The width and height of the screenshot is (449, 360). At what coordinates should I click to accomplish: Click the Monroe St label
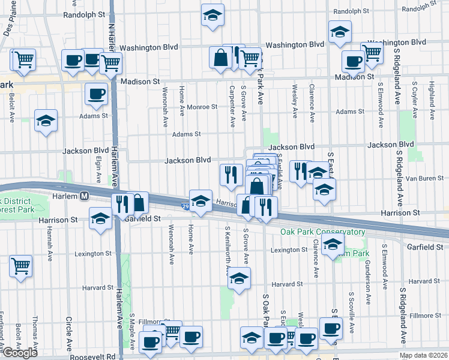pyautogui.click(x=202, y=107)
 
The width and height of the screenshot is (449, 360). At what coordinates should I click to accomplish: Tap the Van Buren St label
pyautogui.click(x=424, y=178)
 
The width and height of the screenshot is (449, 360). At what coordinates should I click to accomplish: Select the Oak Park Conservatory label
pyautogui.click(x=322, y=232)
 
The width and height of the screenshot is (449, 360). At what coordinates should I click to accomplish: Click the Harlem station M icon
pyautogui.click(x=85, y=196)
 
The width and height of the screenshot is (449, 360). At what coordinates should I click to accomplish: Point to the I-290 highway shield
pyautogui.click(x=185, y=206)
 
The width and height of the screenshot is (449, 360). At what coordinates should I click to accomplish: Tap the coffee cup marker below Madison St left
pyautogui.click(x=97, y=93)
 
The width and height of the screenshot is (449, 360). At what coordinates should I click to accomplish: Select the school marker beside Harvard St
pyautogui.click(x=239, y=278)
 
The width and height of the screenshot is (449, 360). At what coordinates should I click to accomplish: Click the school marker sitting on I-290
pyautogui.click(x=200, y=200)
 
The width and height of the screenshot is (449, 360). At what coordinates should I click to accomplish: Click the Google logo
pyautogui.click(x=20, y=353)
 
